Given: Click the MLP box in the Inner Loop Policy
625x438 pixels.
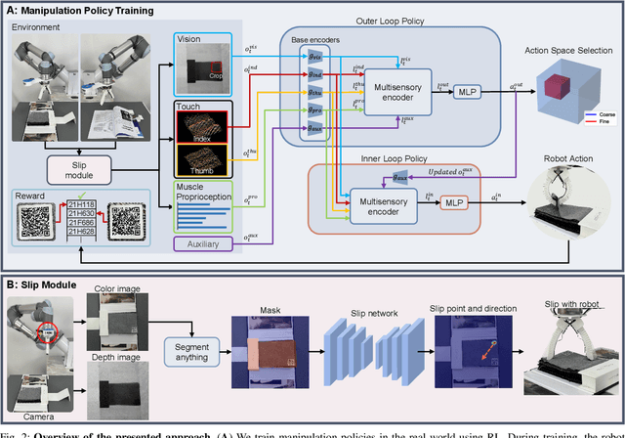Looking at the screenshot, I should coord(455,202).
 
